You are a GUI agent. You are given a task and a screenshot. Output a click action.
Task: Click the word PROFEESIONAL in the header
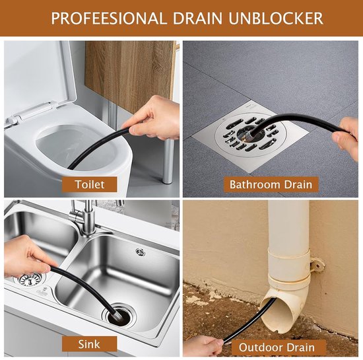tap(109, 18)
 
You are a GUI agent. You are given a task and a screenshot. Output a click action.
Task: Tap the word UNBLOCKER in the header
tap(276, 18)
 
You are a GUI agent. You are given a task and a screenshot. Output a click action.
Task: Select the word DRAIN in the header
tap(197, 18)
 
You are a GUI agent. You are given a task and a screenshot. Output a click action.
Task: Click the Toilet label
tap(90, 184)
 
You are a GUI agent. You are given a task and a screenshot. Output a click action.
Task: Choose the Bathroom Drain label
tap(271, 184)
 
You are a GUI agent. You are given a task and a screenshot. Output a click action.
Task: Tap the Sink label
tap(89, 344)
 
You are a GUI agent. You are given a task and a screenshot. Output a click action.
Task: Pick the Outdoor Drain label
tap(277, 347)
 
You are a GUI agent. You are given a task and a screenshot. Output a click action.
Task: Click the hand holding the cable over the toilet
tap(154, 118)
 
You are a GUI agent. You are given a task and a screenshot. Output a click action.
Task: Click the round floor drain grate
tap(251, 135)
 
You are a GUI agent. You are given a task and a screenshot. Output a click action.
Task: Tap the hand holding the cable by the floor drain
tap(345, 138)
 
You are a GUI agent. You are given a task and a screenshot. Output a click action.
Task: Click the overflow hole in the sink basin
tap(141, 252)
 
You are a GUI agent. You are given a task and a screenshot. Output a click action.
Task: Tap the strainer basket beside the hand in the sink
tap(30, 279)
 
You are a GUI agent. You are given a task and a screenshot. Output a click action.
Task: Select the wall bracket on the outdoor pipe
tap(317, 264)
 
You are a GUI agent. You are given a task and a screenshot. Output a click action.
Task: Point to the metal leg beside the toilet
tap(168, 161)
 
